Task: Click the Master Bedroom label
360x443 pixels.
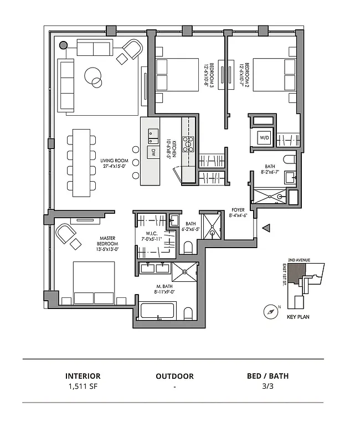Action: click(107, 244)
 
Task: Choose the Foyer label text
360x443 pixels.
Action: click(239, 213)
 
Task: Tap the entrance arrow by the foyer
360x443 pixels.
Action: click(266, 228)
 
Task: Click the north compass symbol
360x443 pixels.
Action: click(271, 311)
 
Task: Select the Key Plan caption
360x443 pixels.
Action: click(299, 317)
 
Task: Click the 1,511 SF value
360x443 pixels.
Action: click(83, 387)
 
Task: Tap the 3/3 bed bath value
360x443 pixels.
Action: click(268, 387)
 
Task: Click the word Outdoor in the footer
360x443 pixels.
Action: click(174, 376)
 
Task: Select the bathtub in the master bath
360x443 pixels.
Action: click(158, 310)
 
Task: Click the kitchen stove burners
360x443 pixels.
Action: click(188, 144)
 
